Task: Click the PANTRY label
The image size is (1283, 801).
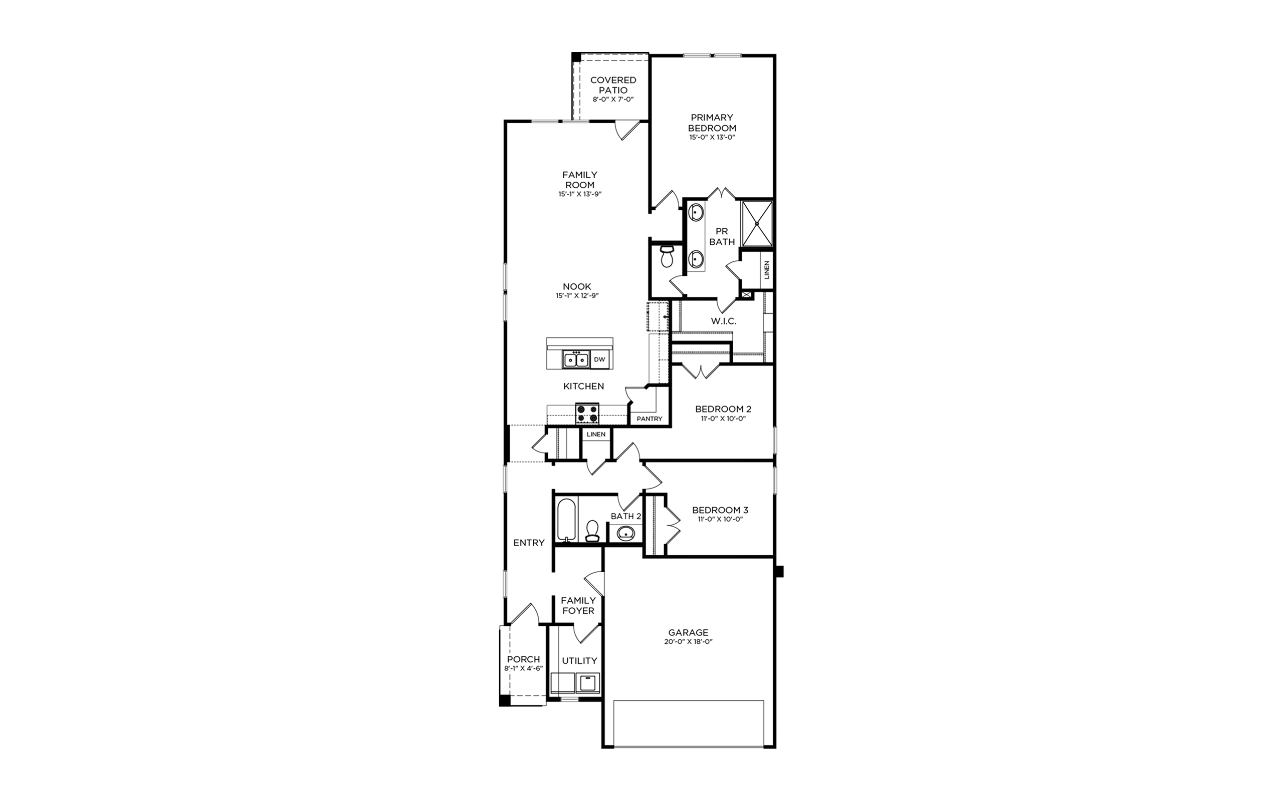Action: coord(650,419)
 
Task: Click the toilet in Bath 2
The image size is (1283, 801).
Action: coord(592,531)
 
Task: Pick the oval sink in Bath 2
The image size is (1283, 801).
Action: coord(626,532)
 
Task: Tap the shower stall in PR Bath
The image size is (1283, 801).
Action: coord(757,224)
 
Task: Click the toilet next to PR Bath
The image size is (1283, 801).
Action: coord(666,256)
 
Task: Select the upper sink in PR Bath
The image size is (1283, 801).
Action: coord(696,213)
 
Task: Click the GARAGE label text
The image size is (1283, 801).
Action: coord(688,632)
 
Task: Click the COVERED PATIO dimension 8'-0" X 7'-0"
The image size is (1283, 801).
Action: coord(613,99)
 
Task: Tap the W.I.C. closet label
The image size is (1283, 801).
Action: coord(723,321)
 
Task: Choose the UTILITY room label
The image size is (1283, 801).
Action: coord(579,661)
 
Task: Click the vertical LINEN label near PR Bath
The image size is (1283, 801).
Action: coord(767,270)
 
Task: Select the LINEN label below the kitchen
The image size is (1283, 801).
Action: coord(596,435)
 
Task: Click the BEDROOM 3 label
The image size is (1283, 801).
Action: coord(720,510)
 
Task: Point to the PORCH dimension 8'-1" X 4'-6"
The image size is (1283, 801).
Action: coord(524,668)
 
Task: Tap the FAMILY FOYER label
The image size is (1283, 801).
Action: coord(578,606)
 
